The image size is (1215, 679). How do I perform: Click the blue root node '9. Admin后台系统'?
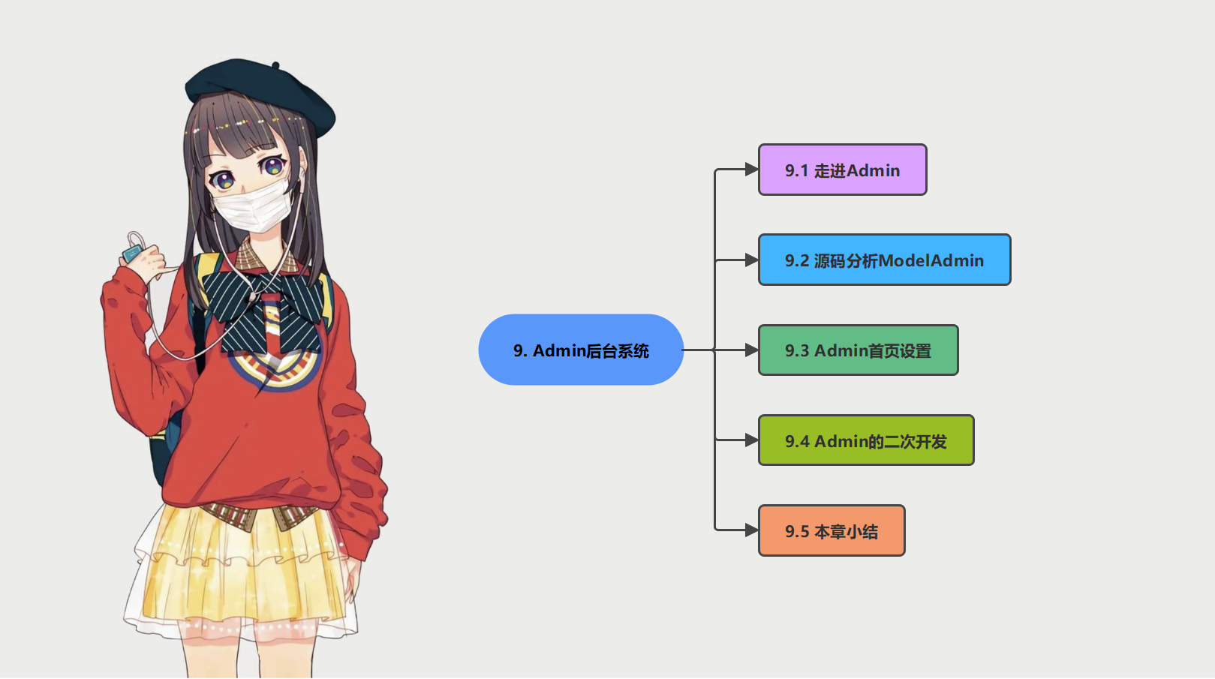[x=581, y=350]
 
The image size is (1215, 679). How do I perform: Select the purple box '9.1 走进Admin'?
[x=842, y=170]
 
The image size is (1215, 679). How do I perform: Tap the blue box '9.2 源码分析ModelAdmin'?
[x=884, y=260]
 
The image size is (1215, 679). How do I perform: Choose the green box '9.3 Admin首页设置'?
[x=858, y=350]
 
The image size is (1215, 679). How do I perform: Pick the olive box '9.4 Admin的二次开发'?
[x=865, y=440]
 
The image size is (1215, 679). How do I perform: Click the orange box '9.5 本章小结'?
[x=831, y=530]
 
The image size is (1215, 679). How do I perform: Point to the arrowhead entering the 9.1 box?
[x=751, y=170]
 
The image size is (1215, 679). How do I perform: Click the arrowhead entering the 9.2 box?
[x=751, y=260]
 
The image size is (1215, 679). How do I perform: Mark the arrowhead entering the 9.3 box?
[x=751, y=350]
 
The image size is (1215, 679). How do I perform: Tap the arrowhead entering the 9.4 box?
[x=751, y=440]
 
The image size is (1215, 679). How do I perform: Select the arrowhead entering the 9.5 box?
[x=751, y=530]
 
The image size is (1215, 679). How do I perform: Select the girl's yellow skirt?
[x=240, y=570]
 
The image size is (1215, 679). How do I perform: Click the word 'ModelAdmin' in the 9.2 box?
[x=931, y=260]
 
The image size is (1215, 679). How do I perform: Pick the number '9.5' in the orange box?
[x=797, y=531]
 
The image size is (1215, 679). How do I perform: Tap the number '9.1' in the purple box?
[x=797, y=170]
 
